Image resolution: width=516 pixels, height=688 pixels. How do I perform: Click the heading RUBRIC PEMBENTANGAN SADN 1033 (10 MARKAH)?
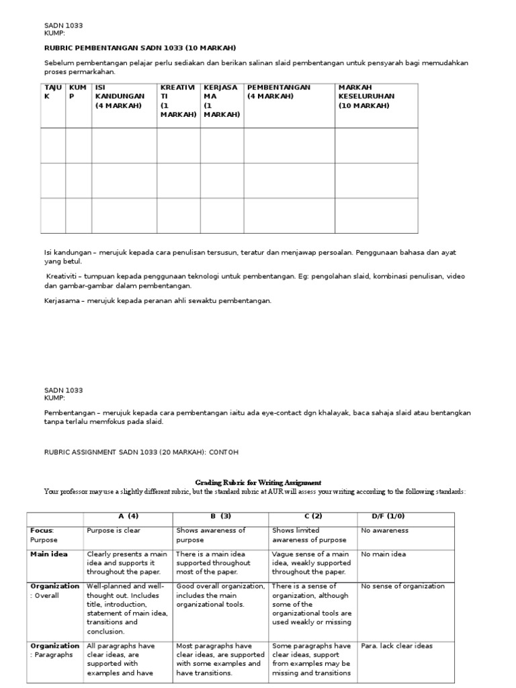(140, 47)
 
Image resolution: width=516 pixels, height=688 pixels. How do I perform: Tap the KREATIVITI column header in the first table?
(178, 101)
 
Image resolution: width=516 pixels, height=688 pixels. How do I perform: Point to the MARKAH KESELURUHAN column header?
(366, 96)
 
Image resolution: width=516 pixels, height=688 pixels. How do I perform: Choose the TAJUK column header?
(52, 92)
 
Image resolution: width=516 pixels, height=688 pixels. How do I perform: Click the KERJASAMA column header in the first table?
(221, 101)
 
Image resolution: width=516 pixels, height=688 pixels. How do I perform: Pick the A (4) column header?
(128, 516)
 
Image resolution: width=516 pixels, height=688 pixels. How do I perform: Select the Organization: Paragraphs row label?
(54, 650)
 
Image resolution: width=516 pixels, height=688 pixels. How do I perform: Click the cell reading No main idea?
(383, 554)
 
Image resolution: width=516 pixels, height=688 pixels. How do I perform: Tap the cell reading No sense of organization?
(402, 586)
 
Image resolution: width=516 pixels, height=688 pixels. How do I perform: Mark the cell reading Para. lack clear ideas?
(396, 646)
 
